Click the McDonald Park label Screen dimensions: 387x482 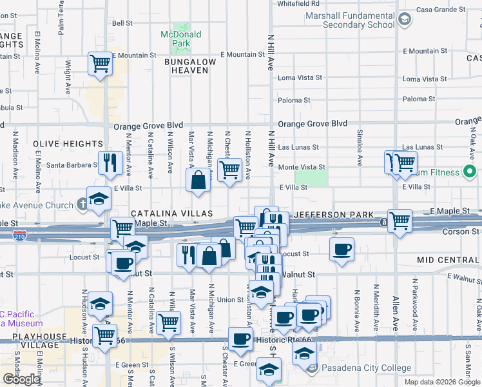click(x=182, y=39)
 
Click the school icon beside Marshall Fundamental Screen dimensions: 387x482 click(x=404, y=19)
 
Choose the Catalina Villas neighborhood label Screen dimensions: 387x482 click(x=171, y=213)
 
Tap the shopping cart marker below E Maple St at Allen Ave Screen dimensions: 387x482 click(x=400, y=220)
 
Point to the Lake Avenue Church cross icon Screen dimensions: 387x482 click(x=82, y=205)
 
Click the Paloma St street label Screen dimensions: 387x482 click(x=293, y=100)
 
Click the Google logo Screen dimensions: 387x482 click(x=21, y=379)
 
